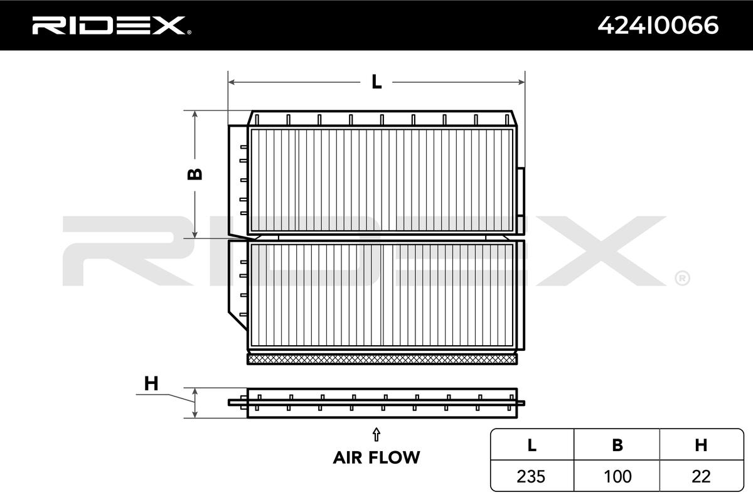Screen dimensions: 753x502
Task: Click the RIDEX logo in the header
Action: [112, 26]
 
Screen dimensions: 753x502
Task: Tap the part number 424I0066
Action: [658, 26]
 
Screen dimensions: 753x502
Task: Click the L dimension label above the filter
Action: [376, 82]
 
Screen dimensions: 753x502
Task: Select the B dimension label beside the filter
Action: [195, 174]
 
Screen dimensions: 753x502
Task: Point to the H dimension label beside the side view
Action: [151, 383]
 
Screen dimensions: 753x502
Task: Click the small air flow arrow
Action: [376, 434]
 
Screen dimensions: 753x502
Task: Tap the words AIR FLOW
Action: [376, 457]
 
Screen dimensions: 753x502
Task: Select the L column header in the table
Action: [532, 445]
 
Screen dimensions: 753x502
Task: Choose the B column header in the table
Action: [617, 445]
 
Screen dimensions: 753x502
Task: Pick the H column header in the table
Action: [701, 445]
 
